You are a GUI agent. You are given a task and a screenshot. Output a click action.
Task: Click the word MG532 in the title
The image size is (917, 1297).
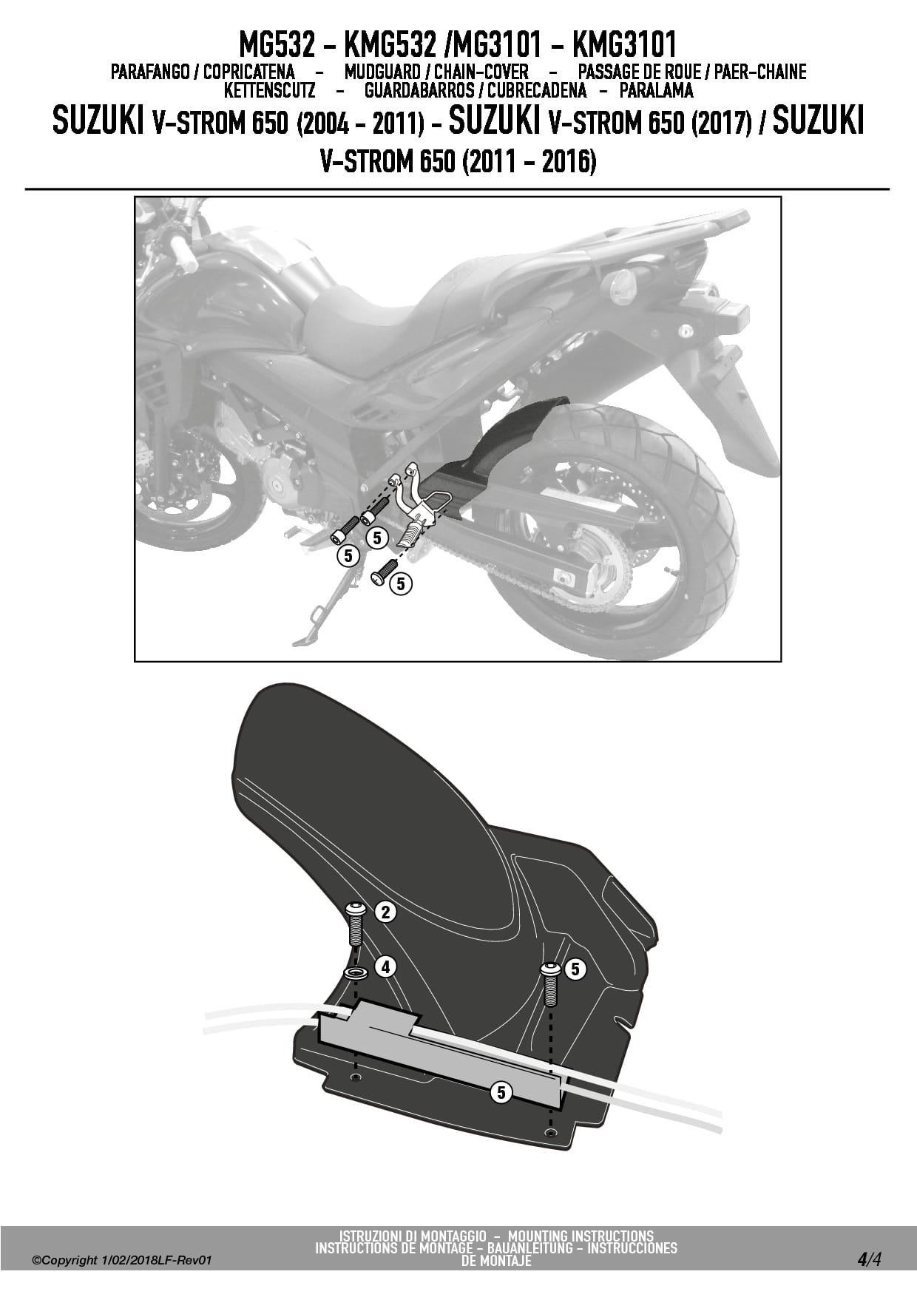coord(275,45)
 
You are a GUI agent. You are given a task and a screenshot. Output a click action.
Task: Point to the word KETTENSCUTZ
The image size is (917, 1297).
coord(269,91)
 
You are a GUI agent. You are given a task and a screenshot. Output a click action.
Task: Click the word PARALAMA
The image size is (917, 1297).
coord(656,91)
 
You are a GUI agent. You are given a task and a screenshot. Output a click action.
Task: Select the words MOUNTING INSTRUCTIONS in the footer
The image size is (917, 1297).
coord(581,1236)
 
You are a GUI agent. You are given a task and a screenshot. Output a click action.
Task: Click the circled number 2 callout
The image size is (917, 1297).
coord(385,912)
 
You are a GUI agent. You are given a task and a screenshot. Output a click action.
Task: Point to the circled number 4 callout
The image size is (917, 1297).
coord(385,966)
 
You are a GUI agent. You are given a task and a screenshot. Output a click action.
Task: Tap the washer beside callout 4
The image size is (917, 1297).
coord(356,970)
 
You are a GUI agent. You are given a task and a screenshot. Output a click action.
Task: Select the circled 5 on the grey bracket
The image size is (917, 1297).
coord(501,1091)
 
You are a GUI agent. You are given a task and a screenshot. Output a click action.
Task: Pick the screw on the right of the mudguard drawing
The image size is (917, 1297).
coord(550,983)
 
